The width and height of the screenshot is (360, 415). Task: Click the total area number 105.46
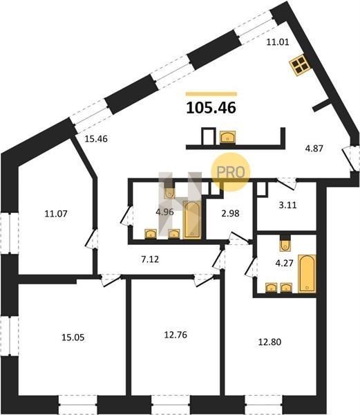(211, 108)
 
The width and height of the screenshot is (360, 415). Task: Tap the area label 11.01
(278, 42)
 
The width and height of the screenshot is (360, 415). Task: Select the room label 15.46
(96, 139)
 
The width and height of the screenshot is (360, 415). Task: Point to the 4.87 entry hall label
(314, 149)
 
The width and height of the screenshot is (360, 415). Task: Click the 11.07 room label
(56, 214)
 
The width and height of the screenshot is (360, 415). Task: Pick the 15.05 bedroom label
(73, 338)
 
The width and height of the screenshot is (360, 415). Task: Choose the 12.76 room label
(176, 335)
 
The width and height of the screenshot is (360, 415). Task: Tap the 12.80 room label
(269, 342)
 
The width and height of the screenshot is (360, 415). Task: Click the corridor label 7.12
(150, 259)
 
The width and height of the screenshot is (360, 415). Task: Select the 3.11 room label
(287, 205)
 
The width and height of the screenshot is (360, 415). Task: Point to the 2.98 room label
(231, 213)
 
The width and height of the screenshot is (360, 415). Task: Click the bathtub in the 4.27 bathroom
(307, 274)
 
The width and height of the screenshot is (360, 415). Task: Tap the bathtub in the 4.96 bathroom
(192, 220)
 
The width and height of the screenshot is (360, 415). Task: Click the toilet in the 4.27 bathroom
(285, 243)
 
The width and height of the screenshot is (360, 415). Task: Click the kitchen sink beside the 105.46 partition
(227, 137)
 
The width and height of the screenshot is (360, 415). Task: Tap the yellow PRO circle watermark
(231, 172)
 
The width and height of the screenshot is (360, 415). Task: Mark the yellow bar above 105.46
(211, 93)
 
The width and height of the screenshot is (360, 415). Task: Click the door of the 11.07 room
(91, 239)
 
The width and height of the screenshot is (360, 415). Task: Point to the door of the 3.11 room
(286, 183)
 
